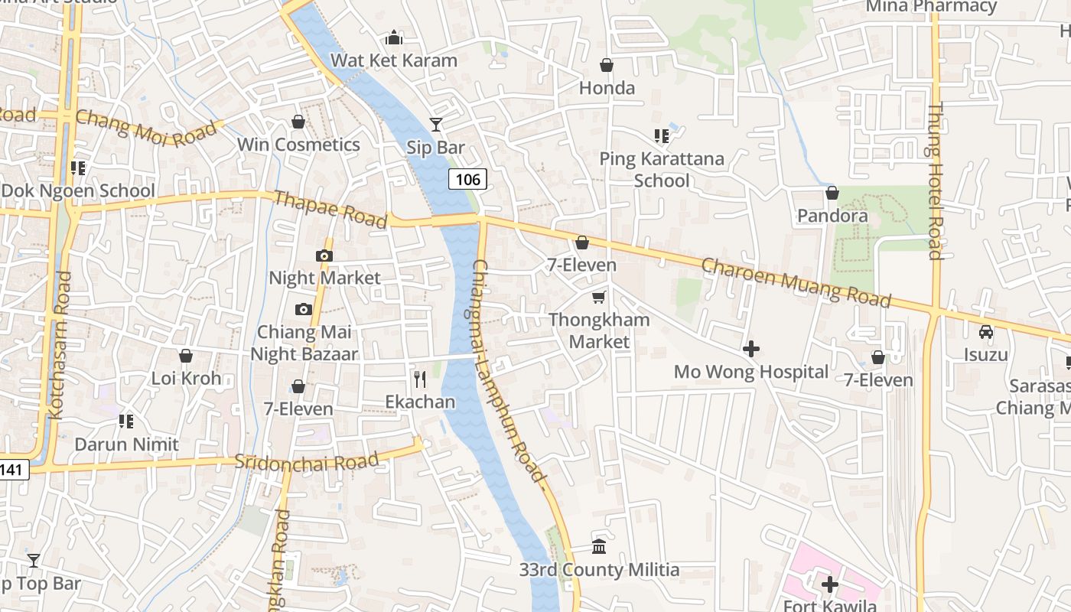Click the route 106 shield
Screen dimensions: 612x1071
467,180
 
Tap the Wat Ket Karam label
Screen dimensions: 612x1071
394,60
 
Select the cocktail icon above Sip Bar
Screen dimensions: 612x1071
436,124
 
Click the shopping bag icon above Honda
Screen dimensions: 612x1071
607,65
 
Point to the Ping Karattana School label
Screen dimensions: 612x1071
662,170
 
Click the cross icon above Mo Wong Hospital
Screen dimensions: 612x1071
751,349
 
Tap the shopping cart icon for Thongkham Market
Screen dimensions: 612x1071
598,297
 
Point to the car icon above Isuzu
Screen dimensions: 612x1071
986,332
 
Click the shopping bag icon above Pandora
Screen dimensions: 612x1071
832,193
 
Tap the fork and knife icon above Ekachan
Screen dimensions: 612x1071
419,379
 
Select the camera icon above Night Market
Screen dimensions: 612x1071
324,256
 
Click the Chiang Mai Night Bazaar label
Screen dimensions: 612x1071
304,343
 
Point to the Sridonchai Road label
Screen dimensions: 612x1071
307,461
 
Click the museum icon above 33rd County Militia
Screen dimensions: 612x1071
599,547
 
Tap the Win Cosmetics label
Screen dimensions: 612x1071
298,145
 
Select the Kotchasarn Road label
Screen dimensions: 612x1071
60,344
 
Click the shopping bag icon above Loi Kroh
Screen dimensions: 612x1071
186,356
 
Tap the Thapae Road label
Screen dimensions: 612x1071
330,210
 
